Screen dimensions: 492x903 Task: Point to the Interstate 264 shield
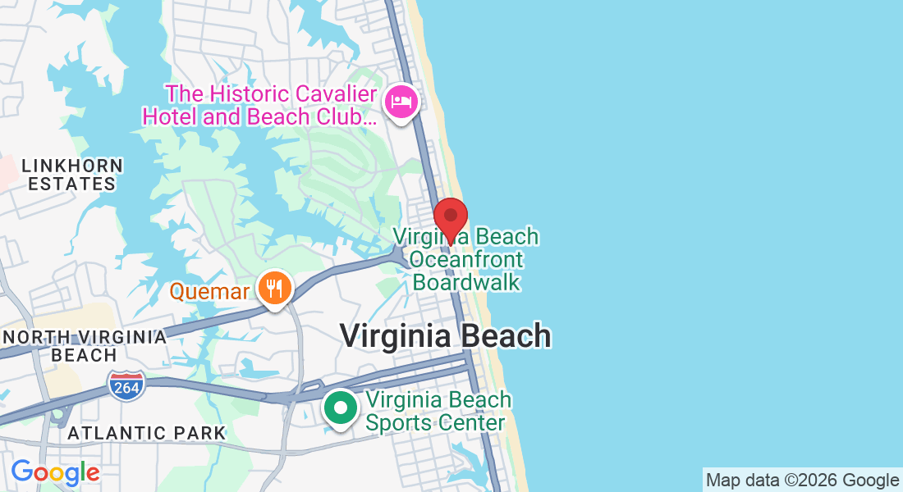[126, 385]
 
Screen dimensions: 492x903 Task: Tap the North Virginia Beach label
[84, 346]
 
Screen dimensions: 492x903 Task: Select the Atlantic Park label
[146, 433]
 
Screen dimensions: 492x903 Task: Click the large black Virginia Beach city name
[445, 335]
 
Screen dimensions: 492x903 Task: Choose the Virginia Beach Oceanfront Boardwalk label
[466, 260]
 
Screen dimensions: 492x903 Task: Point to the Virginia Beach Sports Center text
[438, 412]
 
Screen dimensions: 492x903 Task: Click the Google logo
[55, 472]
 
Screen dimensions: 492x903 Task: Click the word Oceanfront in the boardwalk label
[466, 260]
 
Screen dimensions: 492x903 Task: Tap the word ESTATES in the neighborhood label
[71, 184]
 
